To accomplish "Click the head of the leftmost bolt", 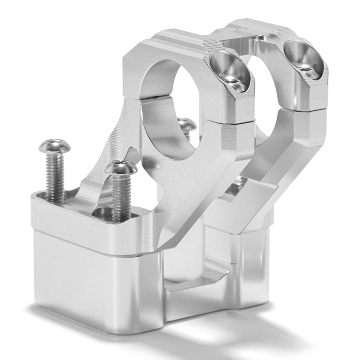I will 54,146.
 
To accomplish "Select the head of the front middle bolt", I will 121,168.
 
